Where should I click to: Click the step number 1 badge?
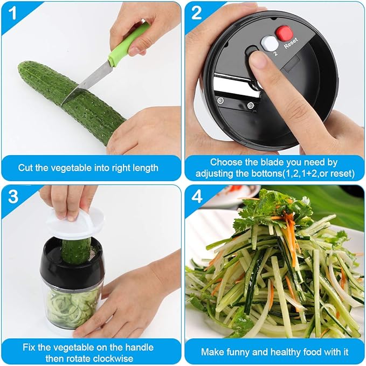[13, 13]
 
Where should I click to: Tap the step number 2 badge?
[197, 13]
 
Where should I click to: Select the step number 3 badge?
[13, 197]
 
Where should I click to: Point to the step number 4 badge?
[197, 197]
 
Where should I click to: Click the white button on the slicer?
[270, 43]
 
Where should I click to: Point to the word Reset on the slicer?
[291, 43]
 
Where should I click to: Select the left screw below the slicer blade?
[220, 101]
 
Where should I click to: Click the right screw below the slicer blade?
[251, 106]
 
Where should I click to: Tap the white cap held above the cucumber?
[75, 222]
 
